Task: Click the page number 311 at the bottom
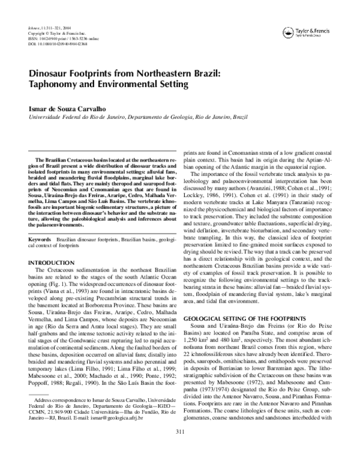(x=179, y=448)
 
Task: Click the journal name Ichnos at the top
(x=26, y=29)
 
